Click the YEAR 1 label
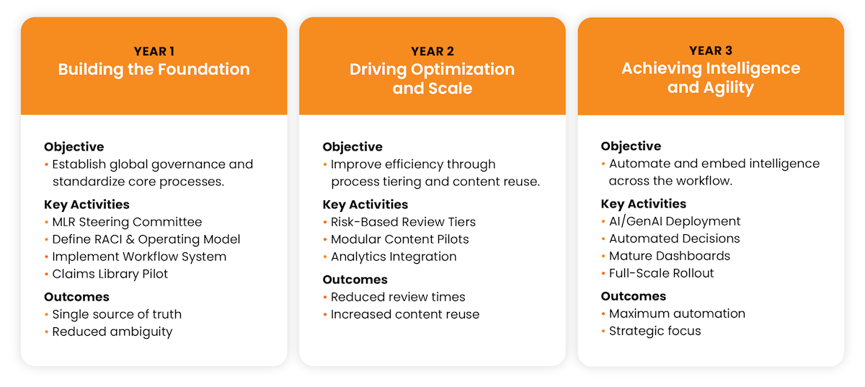coord(154,51)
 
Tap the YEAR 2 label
coord(432,51)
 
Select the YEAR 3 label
coord(711,50)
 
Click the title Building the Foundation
coord(154,69)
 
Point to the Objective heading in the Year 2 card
coord(352,147)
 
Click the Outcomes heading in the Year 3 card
coord(634,296)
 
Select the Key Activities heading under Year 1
coord(86,205)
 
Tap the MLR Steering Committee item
coord(127,222)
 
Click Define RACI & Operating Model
coord(146,239)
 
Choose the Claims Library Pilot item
coord(110,274)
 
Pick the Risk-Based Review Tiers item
coord(403,222)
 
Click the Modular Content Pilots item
coord(399,239)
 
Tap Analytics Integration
coord(394,257)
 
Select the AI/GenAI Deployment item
coord(675,221)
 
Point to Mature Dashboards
coord(670,256)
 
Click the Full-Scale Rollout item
coord(662,273)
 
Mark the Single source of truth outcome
coord(117,314)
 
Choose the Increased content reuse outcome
coord(405,314)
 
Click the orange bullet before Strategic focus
coord(603,331)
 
